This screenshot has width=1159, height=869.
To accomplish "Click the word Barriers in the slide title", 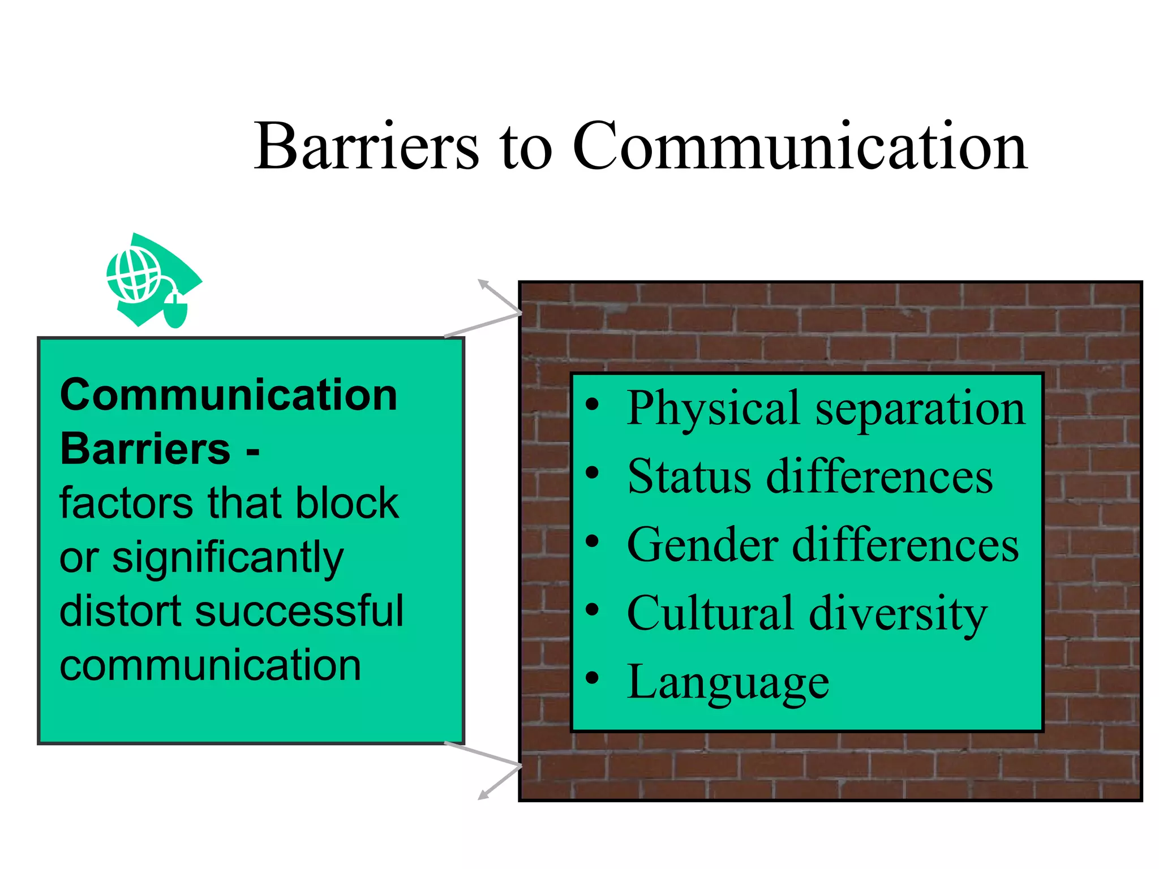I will [367, 146].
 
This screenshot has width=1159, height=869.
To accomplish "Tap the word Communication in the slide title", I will [800, 146].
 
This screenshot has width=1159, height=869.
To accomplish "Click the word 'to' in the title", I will [526, 147].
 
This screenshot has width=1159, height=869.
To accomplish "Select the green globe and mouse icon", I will [153, 281].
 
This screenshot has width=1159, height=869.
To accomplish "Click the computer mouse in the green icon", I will [175, 310].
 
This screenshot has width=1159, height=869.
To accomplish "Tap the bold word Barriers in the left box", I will [145, 449].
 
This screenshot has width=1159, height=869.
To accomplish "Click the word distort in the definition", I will [119, 611].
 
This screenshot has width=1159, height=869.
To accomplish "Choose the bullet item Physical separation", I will [826, 408].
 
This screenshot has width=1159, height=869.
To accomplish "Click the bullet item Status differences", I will [810, 476].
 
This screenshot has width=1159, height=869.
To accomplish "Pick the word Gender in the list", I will [702, 545].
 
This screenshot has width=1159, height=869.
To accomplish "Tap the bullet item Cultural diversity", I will [807, 614].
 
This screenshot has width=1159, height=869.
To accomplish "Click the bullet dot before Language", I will [592, 677].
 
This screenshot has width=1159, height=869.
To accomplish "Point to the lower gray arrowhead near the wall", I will [483, 795].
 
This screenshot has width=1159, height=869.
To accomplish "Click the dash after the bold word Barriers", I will [252, 451].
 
